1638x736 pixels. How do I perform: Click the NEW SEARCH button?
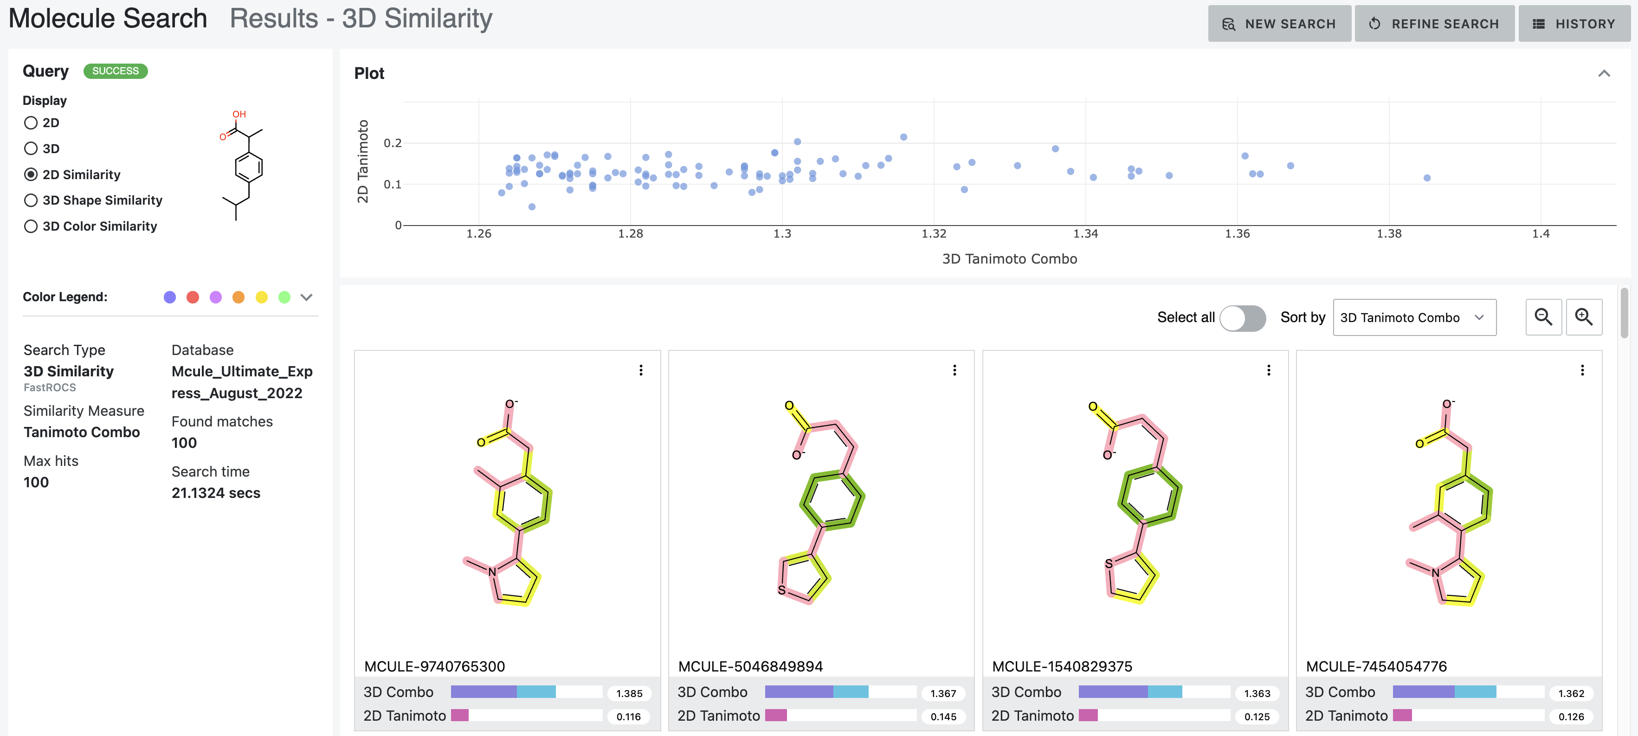(1279, 24)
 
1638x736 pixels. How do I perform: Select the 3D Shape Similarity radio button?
(31, 200)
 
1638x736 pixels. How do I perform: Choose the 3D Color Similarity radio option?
(31, 226)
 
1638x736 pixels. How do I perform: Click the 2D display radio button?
(31, 123)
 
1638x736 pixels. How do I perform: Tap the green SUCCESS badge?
(115, 71)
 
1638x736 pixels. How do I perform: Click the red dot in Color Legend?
(193, 297)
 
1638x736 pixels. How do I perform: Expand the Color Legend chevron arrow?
(307, 297)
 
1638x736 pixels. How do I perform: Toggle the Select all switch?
(1242, 317)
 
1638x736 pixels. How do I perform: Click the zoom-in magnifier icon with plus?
(1583, 317)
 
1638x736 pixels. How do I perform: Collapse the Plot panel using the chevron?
(1604, 74)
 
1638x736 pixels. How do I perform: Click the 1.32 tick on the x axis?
(934, 234)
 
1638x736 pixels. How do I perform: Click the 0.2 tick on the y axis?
(393, 143)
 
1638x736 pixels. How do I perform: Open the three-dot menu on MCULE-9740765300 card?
(640, 370)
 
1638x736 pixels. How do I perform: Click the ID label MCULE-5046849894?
(750, 667)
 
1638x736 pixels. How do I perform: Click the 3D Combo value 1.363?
(1257, 693)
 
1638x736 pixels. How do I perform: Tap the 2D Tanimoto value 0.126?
(1571, 717)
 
